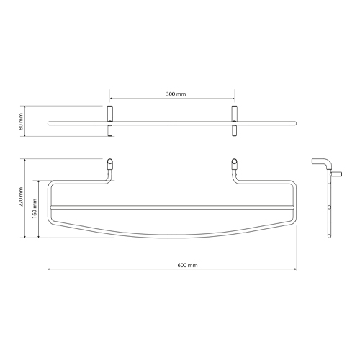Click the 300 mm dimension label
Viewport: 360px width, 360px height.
coord(176,94)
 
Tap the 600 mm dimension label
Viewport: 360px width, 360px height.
coord(187,265)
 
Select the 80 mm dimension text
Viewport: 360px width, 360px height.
coord(21,122)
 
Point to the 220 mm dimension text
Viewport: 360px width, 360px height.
coord(21,197)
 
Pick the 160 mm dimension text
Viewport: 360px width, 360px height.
coord(35,208)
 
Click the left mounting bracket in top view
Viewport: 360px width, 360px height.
coord(110,121)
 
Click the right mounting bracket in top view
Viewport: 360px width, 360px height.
coord(234,121)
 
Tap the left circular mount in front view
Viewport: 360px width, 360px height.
coord(109,161)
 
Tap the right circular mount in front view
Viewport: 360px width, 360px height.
coord(234,161)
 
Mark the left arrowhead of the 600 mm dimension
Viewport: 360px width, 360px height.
coord(49,269)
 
